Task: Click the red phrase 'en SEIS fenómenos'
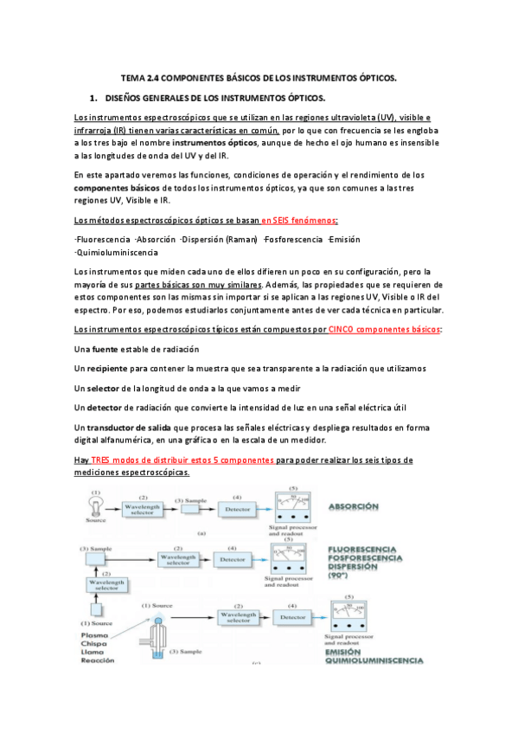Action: tap(288, 220)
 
